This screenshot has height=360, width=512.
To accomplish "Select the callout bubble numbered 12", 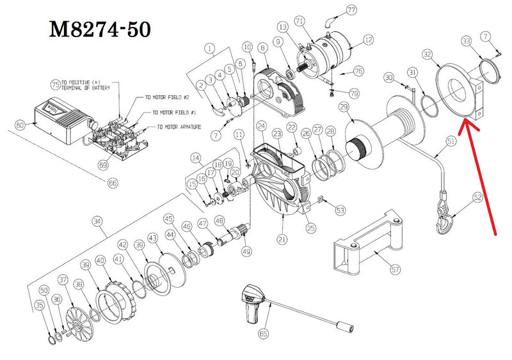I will click(x=367, y=40).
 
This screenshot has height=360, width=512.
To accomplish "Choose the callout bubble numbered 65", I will click(x=263, y=333).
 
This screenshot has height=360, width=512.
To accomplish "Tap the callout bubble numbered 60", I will click(x=20, y=125).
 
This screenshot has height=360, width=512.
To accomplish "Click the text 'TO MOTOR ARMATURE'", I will click(x=176, y=127).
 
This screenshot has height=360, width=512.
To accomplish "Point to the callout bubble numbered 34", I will click(x=97, y=222).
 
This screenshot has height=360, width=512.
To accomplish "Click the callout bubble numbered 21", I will click(x=281, y=240).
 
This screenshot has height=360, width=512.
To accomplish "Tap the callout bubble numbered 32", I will click(x=427, y=54).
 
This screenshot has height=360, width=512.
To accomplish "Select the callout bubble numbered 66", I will click(x=113, y=183).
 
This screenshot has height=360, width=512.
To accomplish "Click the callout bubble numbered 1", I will click(x=209, y=48).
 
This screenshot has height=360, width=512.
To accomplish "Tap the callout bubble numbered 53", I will click(x=340, y=210).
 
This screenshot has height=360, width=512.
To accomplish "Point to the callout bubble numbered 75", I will click(x=55, y=84).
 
